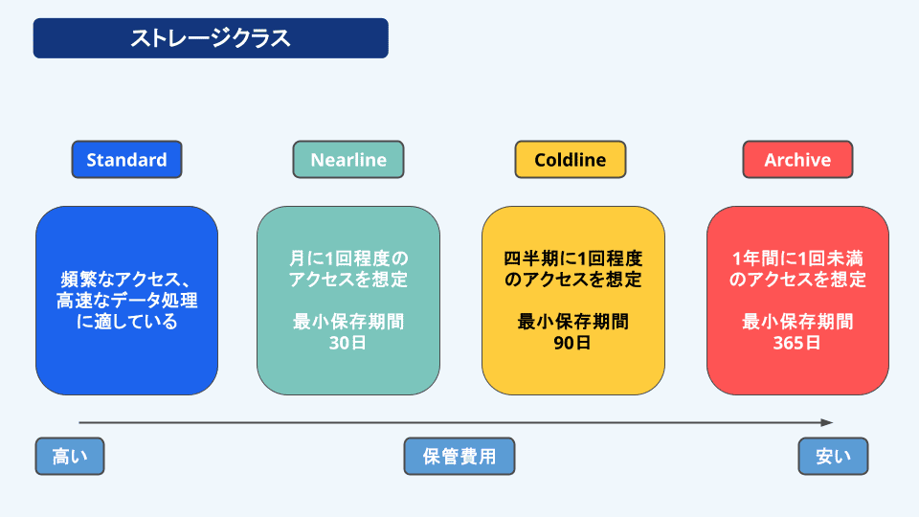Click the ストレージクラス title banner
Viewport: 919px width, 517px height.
tap(211, 38)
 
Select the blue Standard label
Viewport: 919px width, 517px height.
tap(126, 160)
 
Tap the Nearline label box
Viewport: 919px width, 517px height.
tap(348, 160)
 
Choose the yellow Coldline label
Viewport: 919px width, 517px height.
tap(571, 160)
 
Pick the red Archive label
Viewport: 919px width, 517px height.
tap(797, 160)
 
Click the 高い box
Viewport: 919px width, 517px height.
tap(69, 457)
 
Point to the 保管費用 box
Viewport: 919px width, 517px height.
tap(459, 457)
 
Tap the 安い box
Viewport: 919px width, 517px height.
tap(833, 457)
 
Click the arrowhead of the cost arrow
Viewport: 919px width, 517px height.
tap(828, 422)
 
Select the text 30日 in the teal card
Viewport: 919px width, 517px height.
tap(347, 343)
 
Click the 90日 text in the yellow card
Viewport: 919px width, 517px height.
tap(572, 343)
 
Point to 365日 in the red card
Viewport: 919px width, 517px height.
tap(797, 343)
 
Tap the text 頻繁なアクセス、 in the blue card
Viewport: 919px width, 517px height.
tap(126, 280)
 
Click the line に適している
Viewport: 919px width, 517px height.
tap(126, 322)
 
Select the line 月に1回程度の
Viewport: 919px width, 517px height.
tap(348, 258)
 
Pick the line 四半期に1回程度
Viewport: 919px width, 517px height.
tap(572, 258)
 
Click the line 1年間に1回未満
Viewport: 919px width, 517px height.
tap(797, 258)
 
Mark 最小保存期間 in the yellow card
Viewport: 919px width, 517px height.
tap(572, 322)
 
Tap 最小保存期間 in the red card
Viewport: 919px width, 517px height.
tap(797, 322)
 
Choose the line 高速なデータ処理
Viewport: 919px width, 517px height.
tap(126, 301)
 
